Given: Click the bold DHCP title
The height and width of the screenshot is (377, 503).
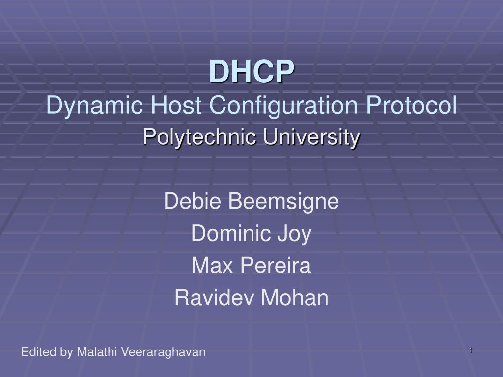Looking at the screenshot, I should pyautogui.click(x=252, y=72).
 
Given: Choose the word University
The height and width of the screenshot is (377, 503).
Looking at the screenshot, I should pyautogui.click(x=311, y=137).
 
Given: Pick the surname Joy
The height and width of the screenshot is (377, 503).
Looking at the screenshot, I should pyautogui.click(x=292, y=234).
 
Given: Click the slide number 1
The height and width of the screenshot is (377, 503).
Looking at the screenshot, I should pyautogui.click(x=470, y=350).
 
